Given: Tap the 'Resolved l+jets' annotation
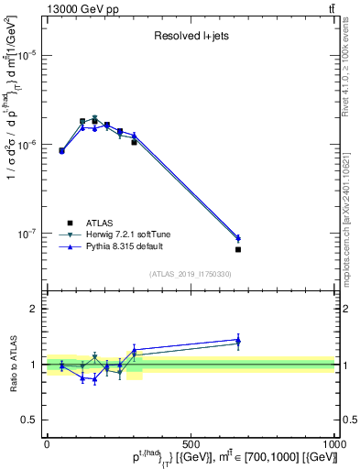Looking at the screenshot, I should (190, 36).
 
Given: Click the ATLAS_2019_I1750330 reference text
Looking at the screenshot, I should (191, 274).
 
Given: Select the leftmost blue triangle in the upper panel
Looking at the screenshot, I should (61, 150).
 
